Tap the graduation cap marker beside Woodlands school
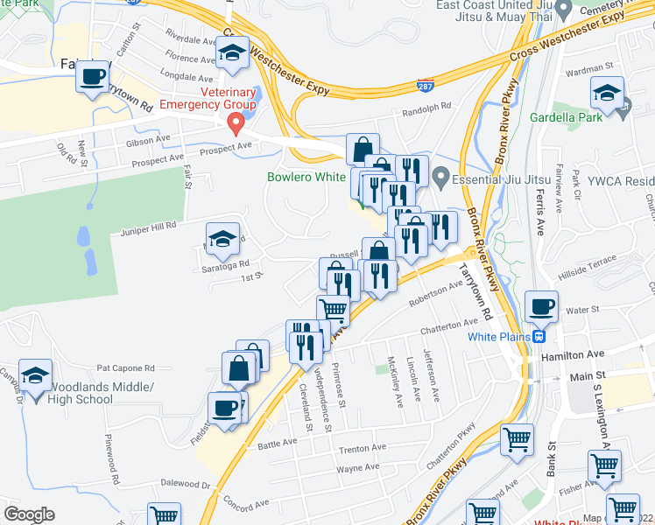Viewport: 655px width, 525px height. (36, 377)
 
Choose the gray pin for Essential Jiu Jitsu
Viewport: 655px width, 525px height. (441, 178)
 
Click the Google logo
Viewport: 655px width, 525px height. (29, 514)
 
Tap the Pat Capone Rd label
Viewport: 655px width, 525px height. (125, 368)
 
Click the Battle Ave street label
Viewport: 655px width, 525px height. (278, 444)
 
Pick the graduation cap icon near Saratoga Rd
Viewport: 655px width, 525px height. (222, 239)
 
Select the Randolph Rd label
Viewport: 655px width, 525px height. (426, 109)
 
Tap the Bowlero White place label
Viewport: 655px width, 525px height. (306, 177)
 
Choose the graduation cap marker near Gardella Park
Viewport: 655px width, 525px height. (607, 93)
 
